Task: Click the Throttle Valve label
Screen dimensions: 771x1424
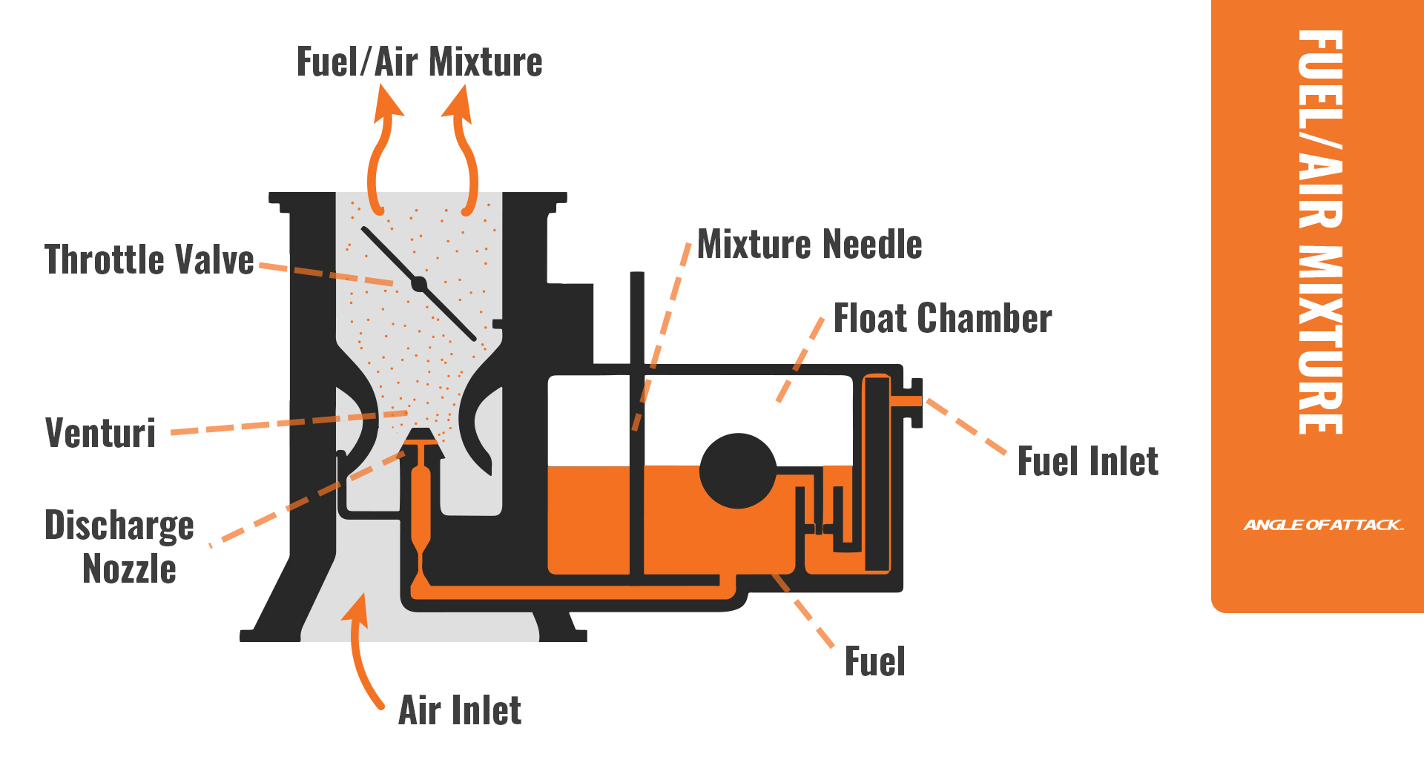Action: [x=149, y=260]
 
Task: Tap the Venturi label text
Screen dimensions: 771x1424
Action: [x=101, y=433]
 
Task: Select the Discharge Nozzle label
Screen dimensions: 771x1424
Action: [x=119, y=546]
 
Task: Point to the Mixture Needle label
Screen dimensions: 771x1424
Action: [x=809, y=245]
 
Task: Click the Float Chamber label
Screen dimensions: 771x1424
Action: [x=942, y=319]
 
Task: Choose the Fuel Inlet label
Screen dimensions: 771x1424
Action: [x=1087, y=462]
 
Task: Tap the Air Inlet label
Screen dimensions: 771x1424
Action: [x=460, y=710]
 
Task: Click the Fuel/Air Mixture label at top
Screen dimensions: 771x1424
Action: [x=419, y=62]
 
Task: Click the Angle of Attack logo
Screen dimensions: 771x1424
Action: [x=1322, y=525]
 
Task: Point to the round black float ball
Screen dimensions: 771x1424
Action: [x=738, y=471]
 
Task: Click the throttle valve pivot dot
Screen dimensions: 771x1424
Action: [x=419, y=284]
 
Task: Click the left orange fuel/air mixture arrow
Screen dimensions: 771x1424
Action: [x=380, y=148]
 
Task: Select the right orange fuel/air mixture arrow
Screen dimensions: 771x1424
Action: [x=464, y=148]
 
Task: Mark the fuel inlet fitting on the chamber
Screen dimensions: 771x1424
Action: [x=913, y=402]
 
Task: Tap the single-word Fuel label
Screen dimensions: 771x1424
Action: [x=874, y=661]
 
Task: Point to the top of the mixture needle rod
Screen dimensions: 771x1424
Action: [x=637, y=277]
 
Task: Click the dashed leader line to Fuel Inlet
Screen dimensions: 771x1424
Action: [x=966, y=426]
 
